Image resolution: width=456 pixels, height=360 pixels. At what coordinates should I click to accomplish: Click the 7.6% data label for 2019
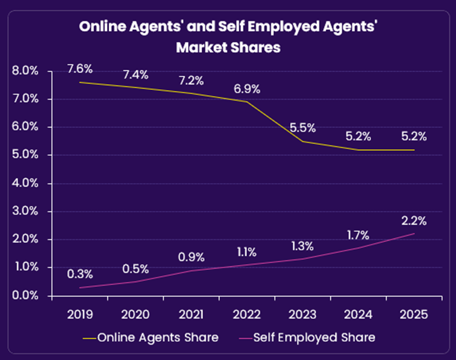point(80,69)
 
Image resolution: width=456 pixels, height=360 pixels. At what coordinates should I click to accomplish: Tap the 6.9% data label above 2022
point(247,89)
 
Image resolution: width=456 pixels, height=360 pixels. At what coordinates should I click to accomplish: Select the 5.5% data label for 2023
point(303,129)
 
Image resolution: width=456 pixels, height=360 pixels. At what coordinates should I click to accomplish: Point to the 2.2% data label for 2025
point(414,221)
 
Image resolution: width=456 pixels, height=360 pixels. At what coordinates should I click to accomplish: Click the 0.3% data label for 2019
point(80,274)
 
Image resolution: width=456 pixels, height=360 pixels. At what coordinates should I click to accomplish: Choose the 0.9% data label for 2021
point(191,256)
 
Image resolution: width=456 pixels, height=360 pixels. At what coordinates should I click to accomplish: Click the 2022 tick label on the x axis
point(247,314)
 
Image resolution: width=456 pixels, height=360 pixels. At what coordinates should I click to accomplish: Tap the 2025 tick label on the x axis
point(414,314)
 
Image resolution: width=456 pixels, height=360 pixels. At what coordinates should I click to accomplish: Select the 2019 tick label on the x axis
point(80,314)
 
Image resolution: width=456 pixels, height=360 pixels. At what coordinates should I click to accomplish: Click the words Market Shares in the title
point(228,47)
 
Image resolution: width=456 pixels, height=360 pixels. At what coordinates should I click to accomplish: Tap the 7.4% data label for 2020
point(136,75)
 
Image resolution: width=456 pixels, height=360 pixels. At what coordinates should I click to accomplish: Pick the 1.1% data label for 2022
point(247,251)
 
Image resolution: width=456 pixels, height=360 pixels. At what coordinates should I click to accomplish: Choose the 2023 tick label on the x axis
point(303,314)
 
